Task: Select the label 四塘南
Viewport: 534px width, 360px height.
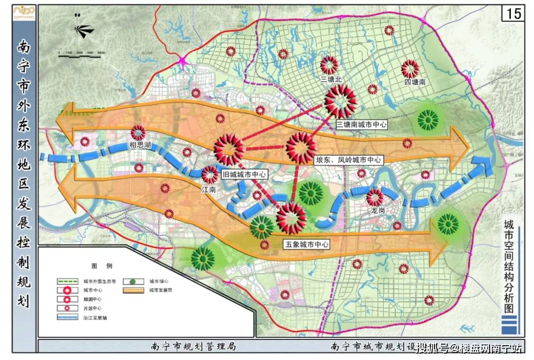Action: (x=414, y=83)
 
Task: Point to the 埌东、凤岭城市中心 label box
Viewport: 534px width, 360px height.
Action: (x=349, y=160)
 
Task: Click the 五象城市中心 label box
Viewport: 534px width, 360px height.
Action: (x=306, y=244)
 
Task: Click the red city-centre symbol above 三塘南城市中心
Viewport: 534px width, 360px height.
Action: (x=341, y=100)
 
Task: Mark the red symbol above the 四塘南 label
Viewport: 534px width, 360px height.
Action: (x=410, y=69)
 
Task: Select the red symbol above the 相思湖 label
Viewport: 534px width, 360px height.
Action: (x=138, y=132)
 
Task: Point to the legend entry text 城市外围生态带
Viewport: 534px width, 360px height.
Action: (x=100, y=281)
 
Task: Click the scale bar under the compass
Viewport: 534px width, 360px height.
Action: (x=82, y=55)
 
